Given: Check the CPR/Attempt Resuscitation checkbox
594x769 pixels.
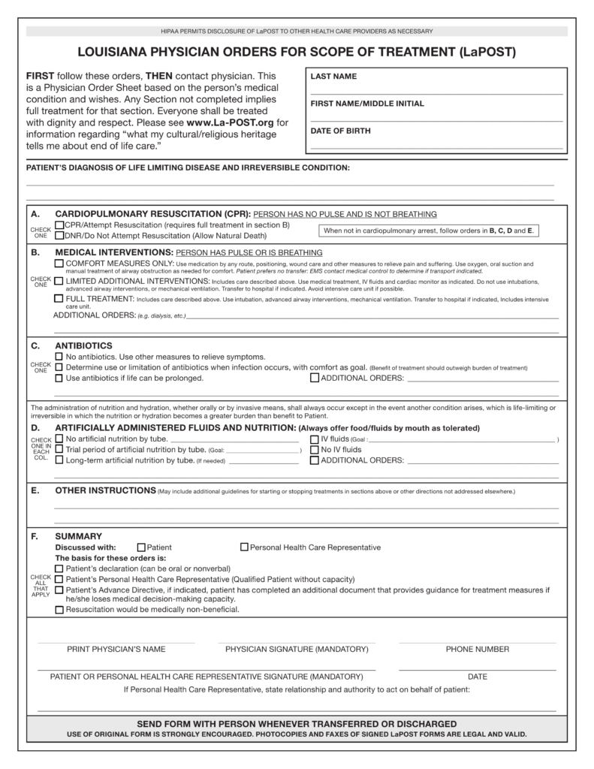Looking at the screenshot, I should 59,225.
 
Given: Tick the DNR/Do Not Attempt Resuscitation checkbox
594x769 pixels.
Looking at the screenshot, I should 59,235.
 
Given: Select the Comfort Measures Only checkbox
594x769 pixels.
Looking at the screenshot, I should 59,264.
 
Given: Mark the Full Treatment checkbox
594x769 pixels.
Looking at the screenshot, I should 59,298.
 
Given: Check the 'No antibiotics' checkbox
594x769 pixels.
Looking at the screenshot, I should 59,356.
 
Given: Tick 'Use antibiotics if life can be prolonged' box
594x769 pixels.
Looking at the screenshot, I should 59,378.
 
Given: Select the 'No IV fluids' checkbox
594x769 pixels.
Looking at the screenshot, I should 314,449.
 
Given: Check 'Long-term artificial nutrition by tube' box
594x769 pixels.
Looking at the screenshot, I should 59,460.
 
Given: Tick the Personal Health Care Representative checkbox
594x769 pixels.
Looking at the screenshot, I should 244,547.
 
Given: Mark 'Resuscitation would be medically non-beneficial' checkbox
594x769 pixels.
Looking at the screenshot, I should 59,609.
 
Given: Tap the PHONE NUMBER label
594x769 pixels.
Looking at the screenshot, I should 477,649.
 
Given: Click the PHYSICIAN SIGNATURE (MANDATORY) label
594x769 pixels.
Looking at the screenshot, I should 297,649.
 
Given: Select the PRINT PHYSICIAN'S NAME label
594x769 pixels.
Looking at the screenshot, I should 116,649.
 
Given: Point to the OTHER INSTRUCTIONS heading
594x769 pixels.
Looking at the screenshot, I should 105,490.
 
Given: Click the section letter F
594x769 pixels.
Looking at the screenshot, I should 35,536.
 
